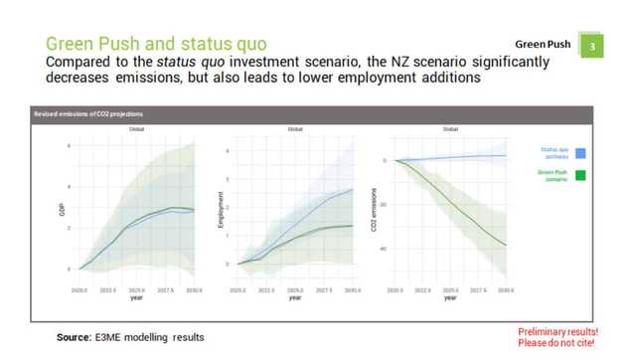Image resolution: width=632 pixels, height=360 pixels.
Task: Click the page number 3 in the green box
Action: point(593,46)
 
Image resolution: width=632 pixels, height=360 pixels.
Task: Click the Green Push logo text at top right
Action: point(543,45)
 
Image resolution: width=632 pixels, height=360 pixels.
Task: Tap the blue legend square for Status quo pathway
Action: point(580,152)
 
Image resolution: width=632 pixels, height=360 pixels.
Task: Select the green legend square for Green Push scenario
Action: point(580,176)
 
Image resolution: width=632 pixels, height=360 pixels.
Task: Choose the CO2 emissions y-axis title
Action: point(375,211)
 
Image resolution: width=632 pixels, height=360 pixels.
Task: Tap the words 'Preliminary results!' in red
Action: point(557,331)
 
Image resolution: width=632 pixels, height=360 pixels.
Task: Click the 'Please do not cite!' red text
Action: point(557,343)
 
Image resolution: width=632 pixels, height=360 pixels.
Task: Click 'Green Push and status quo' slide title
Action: point(155,45)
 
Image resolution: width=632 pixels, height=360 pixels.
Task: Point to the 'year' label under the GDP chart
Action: point(136,298)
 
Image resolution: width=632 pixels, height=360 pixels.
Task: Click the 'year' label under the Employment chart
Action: point(294,298)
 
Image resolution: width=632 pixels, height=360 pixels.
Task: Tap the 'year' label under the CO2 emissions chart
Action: point(450,298)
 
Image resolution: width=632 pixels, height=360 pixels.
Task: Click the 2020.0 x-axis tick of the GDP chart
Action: point(80,291)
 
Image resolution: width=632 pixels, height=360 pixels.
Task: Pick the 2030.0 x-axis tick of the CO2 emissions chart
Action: point(506,291)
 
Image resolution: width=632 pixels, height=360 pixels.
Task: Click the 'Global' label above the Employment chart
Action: point(295,129)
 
